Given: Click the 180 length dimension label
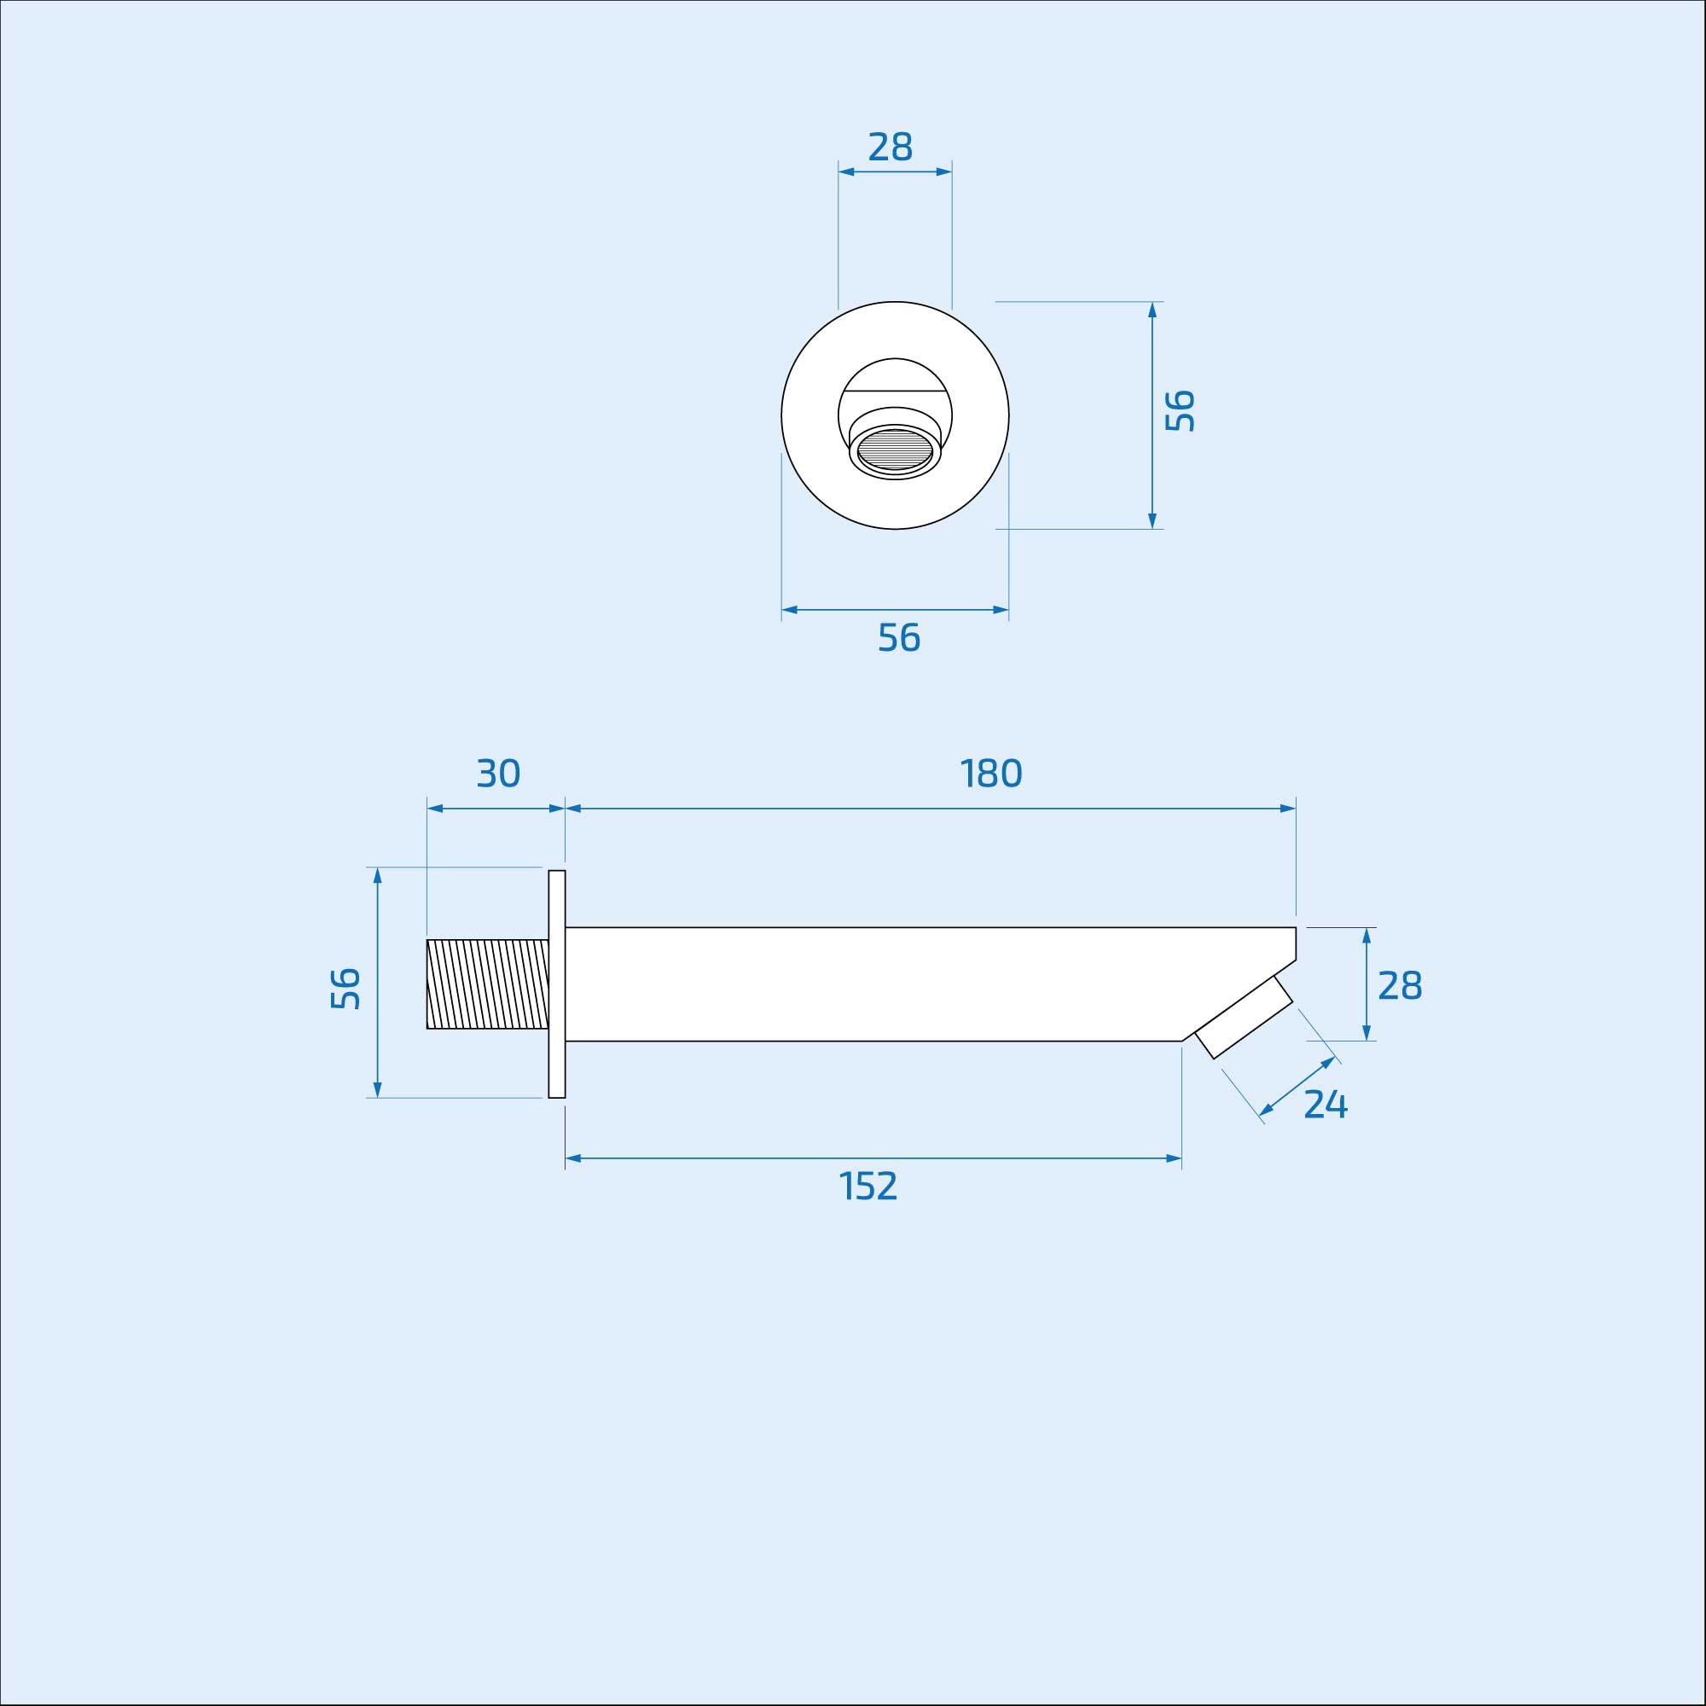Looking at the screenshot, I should [x=990, y=774].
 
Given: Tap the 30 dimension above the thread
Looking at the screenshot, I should [x=498, y=774].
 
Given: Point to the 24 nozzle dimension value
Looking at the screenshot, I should [x=1326, y=1105].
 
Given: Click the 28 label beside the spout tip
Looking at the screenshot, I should [x=1400, y=985].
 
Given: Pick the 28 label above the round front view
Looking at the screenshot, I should [x=890, y=147].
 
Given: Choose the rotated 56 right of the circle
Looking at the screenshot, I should [x=1180, y=410].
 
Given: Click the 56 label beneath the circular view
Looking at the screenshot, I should [x=899, y=637].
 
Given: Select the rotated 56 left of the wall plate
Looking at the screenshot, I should [x=345, y=989].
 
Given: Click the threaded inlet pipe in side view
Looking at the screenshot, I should [x=486, y=984].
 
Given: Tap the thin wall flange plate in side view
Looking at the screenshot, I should [x=556, y=984].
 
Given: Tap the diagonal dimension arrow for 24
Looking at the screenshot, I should [x=1297, y=1086].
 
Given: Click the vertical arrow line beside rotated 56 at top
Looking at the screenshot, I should [x=1152, y=415].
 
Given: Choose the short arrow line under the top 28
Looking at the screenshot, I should [x=895, y=171].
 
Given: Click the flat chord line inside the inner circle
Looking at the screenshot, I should [x=895, y=391].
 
